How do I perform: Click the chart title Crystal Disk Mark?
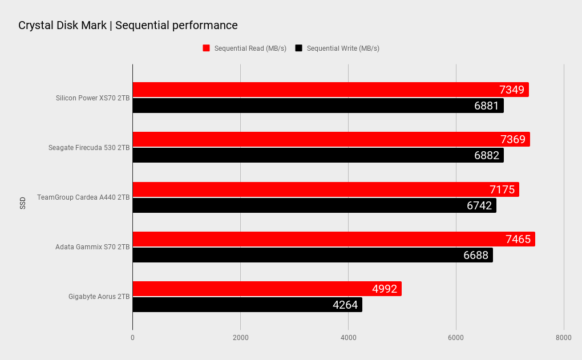128,25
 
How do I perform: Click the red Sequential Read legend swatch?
207,48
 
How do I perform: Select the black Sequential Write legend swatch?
298,48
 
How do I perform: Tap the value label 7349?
512,90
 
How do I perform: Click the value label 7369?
513,139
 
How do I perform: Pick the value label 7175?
502,189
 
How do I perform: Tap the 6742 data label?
479,205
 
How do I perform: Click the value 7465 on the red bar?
518,239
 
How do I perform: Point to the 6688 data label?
476,255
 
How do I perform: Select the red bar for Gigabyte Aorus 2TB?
266,289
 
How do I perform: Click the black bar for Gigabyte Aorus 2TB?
247,305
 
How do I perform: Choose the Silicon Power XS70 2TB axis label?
92,98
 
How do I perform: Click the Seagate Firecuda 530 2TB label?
89,148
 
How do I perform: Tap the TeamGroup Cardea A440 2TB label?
83,197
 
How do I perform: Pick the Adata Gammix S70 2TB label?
92,247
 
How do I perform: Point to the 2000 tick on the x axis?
240,338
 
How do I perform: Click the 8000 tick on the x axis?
563,338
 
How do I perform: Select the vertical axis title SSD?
23,203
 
